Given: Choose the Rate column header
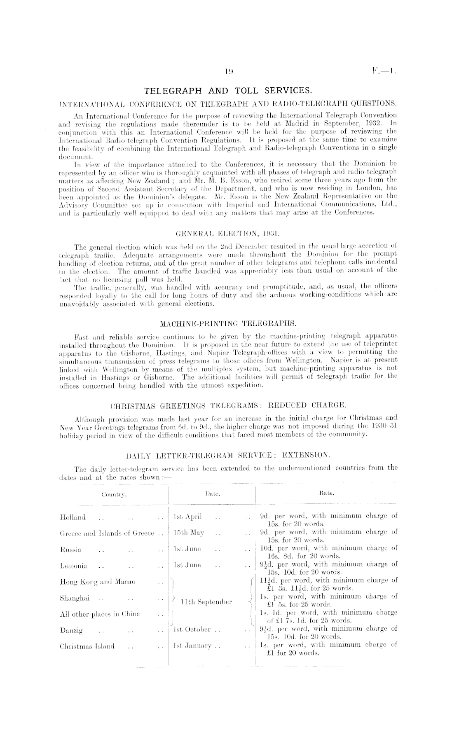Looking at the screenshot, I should (326, 492).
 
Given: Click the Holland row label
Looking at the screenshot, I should (73, 517).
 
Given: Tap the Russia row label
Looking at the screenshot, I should (70, 550).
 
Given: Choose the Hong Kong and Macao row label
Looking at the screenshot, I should (97, 582).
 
